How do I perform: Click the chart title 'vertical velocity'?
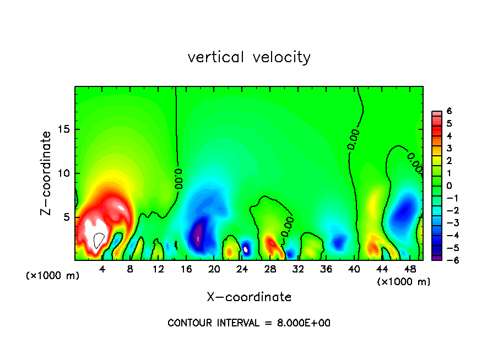(249, 57)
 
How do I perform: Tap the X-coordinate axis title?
(249, 297)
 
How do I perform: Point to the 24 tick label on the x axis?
(242, 269)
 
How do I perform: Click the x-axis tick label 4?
(102, 269)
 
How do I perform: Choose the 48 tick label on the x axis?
(409, 269)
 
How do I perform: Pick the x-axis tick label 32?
(298, 269)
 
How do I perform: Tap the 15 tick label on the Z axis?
(65, 129)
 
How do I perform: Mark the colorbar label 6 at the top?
(449, 111)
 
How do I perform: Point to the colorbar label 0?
(449, 186)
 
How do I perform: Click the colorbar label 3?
(449, 148)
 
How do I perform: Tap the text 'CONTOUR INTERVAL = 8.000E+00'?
(249, 323)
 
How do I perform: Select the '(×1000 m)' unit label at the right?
(403, 282)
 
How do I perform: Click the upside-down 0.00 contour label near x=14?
(179, 179)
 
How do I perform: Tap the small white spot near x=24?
(247, 249)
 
